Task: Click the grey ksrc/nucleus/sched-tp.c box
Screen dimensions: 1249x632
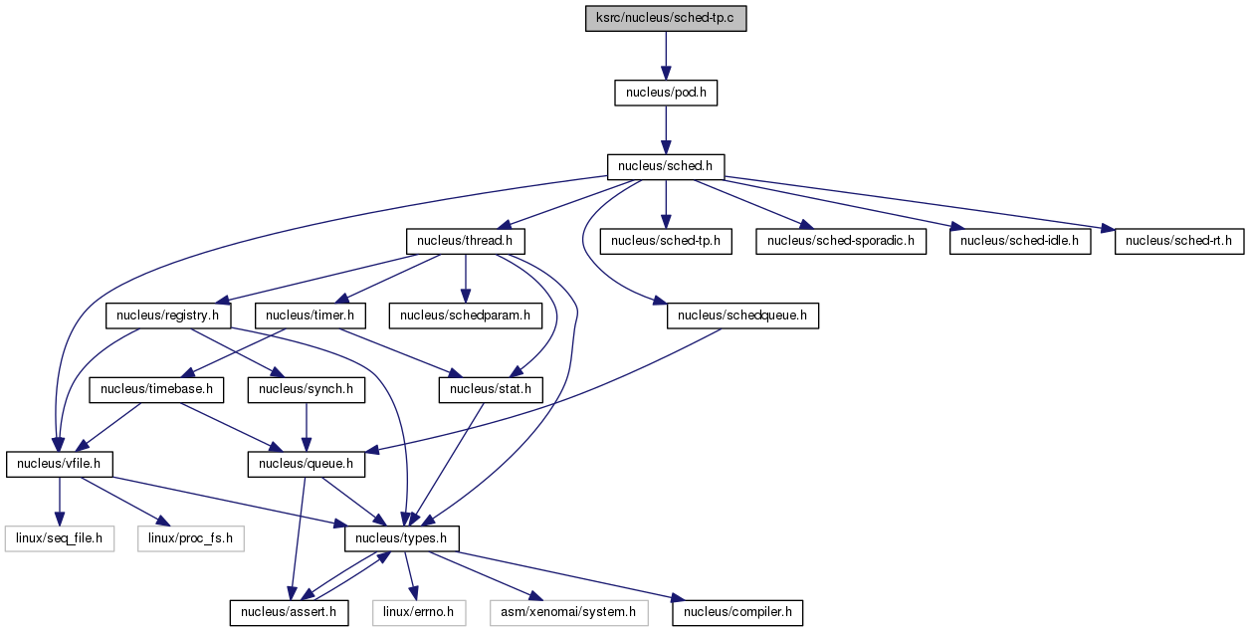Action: point(666,18)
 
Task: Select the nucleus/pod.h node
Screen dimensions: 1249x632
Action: point(666,93)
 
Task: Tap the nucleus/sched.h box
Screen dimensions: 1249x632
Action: point(666,167)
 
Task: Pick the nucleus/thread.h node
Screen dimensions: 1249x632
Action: point(465,241)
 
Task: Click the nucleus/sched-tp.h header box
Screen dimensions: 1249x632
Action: point(666,241)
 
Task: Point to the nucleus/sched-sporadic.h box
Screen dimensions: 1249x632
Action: point(841,241)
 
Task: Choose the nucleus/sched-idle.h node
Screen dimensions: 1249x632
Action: point(1020,241)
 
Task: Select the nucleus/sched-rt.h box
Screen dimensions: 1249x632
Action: point(1178,241)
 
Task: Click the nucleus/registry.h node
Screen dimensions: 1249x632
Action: point(168,316)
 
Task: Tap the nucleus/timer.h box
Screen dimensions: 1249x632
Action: point(311,316)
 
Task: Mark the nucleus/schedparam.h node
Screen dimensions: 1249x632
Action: point(466,316)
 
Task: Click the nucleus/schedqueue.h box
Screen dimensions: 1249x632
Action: point(742,316)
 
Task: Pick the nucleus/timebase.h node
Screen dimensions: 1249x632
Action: point(156,390)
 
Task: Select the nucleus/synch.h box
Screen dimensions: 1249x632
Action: point(307,390)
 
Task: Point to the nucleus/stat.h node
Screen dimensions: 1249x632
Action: point(491,390)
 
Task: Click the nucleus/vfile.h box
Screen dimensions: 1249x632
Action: point(59,465)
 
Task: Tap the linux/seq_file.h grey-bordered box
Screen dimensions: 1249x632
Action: point(59,538)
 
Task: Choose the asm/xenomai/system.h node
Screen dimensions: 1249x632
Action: point(568,613)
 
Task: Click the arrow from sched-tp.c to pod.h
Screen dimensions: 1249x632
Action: point(666,56)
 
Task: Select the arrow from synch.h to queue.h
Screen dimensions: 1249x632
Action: point(307,427)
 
